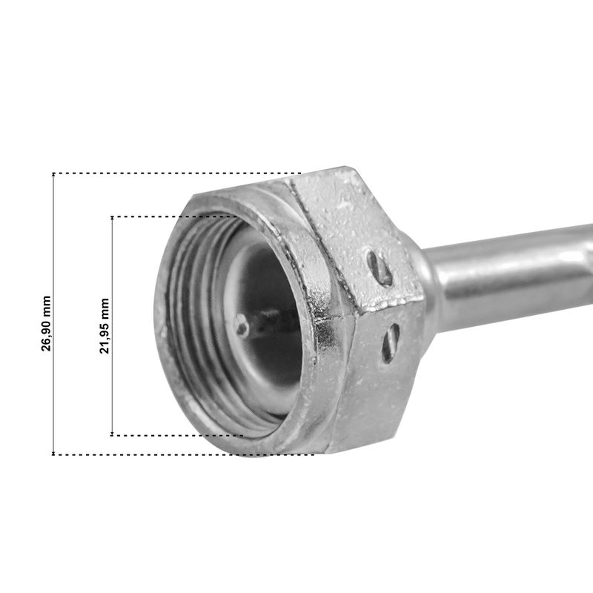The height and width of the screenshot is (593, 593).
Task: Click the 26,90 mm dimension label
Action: tap(46, 324)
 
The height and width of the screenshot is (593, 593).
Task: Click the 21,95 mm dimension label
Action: tap(105, 326)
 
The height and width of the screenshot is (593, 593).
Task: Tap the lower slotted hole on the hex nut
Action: tap(391, 343)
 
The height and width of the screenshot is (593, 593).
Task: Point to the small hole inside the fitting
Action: tap(242, 326)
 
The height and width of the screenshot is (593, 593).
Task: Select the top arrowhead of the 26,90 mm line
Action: tap(53, 174)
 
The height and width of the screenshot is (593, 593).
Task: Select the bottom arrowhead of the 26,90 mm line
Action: tap(53, 453)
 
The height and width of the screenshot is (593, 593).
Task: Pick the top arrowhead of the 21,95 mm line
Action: tap(113, 218)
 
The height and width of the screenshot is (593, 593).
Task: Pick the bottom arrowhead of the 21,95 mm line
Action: tap(113, 434)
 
